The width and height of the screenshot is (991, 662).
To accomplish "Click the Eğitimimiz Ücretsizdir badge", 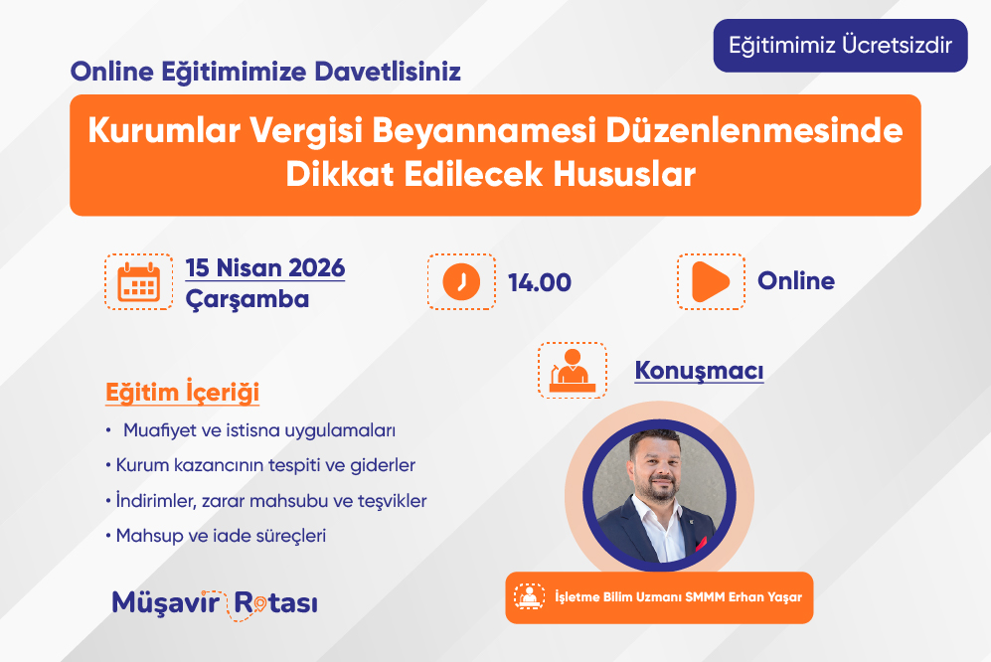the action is (x=840, y=46).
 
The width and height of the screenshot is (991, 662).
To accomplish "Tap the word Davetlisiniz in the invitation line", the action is (x=388, y=72).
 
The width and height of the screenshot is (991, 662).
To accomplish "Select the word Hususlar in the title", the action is (x=624, y=174).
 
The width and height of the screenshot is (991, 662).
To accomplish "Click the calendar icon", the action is (x=139, y=282).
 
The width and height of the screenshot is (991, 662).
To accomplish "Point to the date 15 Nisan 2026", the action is (x=264, y=268).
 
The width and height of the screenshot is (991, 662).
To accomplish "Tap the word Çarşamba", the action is (x=248, y=299).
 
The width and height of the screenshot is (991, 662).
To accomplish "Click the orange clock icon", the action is (x=461, y=282).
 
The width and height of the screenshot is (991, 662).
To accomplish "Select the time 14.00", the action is (x=540, y=282).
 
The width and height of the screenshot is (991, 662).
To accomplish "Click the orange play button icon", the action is (x=710, y=281).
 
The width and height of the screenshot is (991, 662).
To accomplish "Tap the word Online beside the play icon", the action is (x=796, y=280).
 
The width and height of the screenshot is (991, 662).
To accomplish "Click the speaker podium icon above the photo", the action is (x=573, y=371).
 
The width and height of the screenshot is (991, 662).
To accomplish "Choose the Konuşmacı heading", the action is (x=699, y=371).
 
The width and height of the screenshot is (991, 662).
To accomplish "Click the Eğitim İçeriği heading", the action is (x=182, y=392).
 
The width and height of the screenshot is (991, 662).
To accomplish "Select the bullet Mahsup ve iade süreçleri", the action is (x=216, y=536).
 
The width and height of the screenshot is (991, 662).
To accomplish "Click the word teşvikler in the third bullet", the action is (x=393, y=501).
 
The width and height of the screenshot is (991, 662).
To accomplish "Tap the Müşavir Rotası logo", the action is (x=215, y=603).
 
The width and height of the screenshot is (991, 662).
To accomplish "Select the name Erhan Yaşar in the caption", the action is (x=765, y=597).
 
